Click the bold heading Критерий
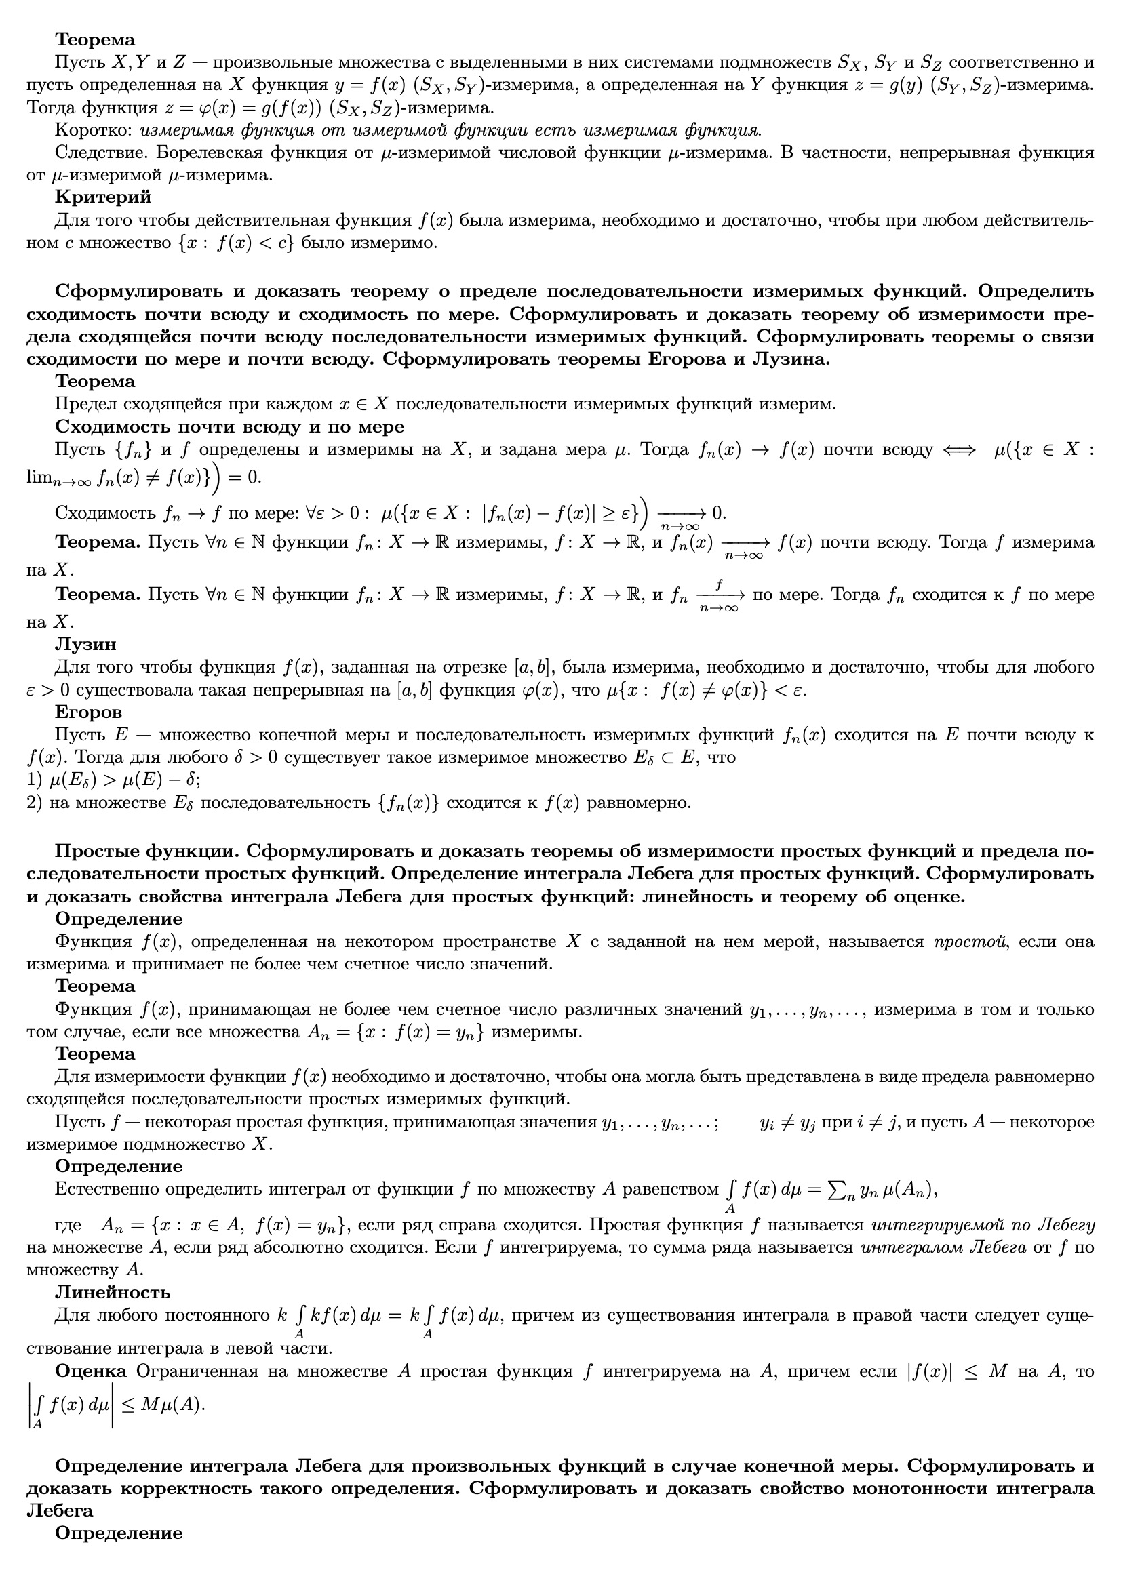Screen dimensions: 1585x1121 pyautogui.click(x=103, y=197)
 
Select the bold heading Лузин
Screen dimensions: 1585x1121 pyautogui.click(x=85, y=644)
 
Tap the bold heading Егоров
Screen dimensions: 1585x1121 pyautogui.click(x=88, y=712)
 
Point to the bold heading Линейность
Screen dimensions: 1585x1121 pyautogui.click(x=113, y=1291)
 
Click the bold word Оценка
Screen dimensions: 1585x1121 pyautogui.click(x=90, y=1371)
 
